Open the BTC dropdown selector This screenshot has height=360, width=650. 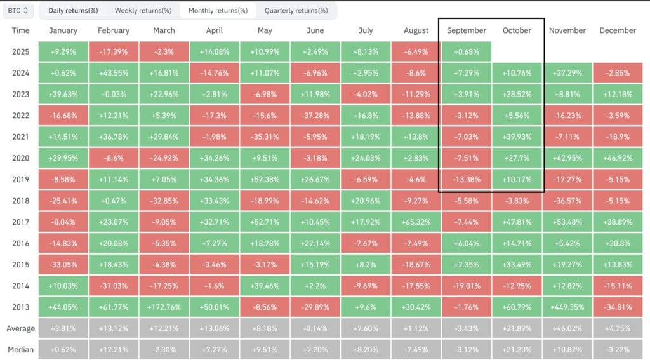tap(18, 11)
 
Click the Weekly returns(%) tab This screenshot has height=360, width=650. tap(143, 11)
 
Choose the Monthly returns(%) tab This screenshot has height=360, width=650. tap(218, 11)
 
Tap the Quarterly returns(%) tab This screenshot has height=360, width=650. tap(296, 11)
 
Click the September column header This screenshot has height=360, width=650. tap(466, 30)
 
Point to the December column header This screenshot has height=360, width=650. tap(617, 30)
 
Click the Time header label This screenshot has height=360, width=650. tap(20, 30)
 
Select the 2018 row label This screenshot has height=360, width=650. tap(20, 201)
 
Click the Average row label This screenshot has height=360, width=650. tap(20, 329)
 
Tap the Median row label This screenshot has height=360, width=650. tap(20, 350)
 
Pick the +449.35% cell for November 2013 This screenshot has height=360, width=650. tap(567, 307)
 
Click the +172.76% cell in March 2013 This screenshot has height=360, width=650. tap(164, 307)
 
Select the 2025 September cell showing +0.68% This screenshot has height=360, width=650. tap(466, 51)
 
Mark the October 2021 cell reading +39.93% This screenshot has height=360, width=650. tap(517, 137)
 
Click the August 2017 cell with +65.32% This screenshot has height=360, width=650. tap(416, 222)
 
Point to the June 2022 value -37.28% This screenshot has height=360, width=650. tap(315, 116)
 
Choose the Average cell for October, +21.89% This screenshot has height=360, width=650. tap(517, 329)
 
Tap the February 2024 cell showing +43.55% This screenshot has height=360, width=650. tap(114, 73)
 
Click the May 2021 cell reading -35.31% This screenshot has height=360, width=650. tap(265, 137)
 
